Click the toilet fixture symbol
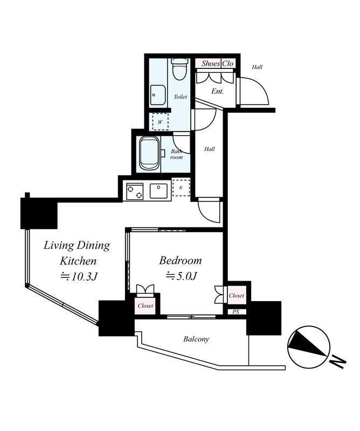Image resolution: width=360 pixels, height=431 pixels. (x=179, y=69)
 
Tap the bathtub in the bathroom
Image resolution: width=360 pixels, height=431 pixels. (x=149, y=153)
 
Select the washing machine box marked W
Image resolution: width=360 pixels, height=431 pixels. (x=160, y=121)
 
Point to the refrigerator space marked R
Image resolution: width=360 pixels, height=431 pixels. (x=181, y=187)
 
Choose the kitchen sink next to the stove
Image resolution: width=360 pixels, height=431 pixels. (x=158, y=191)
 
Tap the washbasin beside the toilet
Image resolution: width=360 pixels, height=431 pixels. (x=158, y=95)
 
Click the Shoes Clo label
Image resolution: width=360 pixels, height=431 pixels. (x=217, y=64)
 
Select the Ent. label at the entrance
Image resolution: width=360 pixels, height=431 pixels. (x=217, y=91)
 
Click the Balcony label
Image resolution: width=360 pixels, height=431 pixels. (x=196, y=339)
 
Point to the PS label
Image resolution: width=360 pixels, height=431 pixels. (x=236, y=312)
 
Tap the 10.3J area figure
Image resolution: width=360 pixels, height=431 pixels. (x=79, y=276)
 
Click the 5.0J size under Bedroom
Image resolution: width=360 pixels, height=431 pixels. (x=181, y=276)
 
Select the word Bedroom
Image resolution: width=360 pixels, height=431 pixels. (x=181, y=260)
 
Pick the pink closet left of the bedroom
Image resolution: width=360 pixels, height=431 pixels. (x=145, y=305)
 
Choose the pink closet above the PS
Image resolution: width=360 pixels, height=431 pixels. (x=236, y=295)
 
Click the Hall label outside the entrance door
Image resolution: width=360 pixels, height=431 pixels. (x=257, y=67)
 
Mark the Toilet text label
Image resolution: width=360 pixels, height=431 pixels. (x=181, y=96)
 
